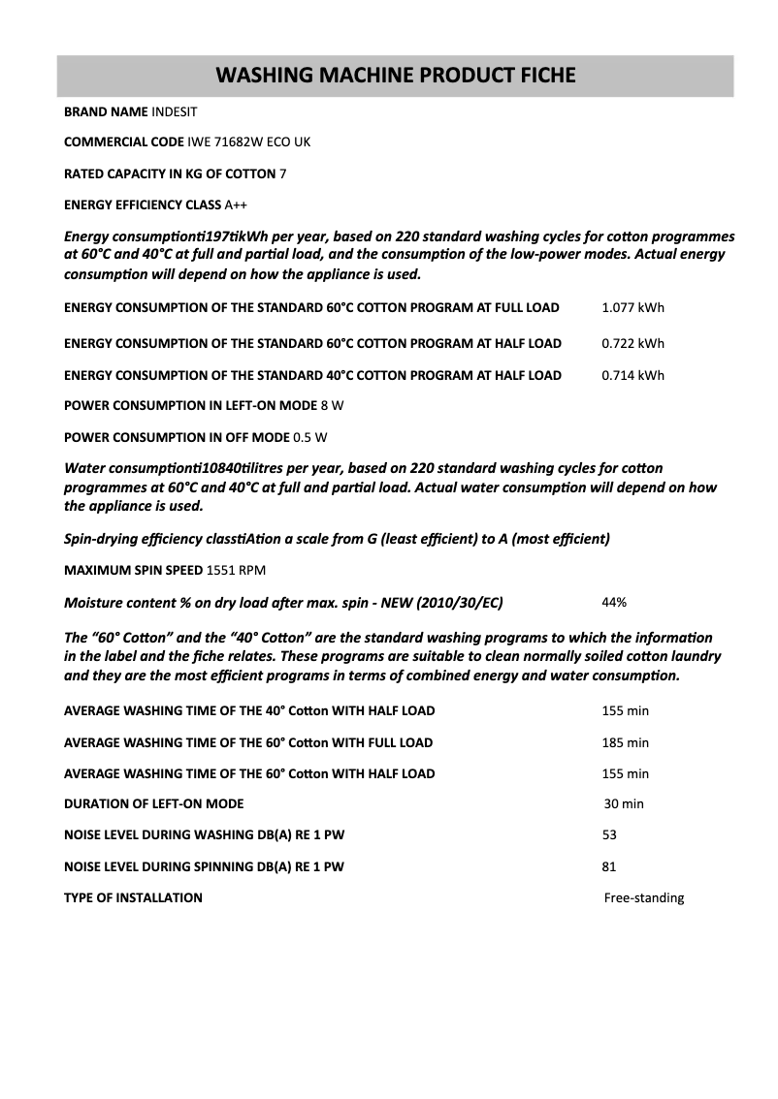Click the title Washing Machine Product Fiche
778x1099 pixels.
pos(395,76)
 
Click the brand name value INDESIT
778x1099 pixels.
pos(175,111)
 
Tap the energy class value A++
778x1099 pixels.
pos(236,204)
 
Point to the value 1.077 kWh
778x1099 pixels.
pos(632,308)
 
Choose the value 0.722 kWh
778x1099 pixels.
pos(632,343)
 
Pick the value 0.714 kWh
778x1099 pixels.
pos(632,375)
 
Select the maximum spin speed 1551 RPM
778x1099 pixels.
pos(236,570)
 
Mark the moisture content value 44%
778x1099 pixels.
pos(614,602)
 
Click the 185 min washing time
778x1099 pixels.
pos(625,742)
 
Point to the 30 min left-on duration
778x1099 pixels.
pos(624,803)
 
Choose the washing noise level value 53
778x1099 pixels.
pos(609,834)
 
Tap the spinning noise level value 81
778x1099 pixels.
pos(609,866)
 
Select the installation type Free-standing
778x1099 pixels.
pos(643,897)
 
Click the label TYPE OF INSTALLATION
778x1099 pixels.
pos(133,897)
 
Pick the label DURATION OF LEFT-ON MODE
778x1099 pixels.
pos(153,803)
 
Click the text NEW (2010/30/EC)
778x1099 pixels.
pos(451,603)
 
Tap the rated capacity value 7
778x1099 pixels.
pos(282,173)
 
